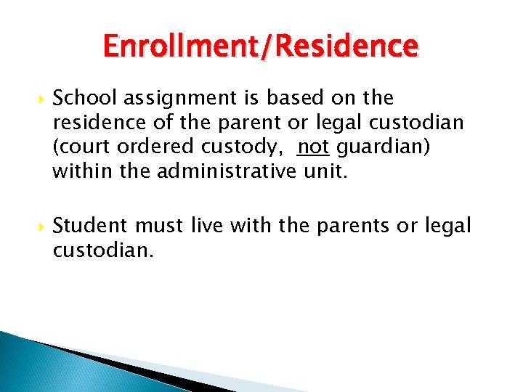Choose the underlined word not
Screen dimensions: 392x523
point(312,147)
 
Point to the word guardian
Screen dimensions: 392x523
point(382,147)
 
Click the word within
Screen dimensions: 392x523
point(78,172)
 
